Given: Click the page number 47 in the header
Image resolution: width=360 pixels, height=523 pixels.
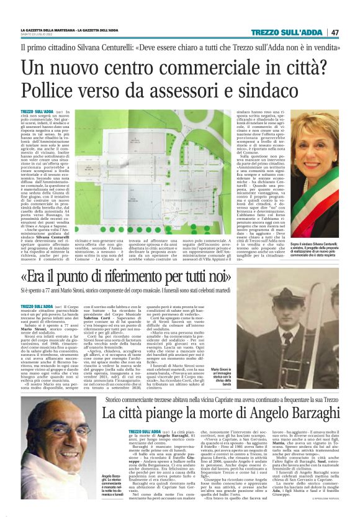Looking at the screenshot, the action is point(335,32).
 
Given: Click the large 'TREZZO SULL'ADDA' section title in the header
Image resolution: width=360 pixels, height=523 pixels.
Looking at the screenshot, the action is point(291,32).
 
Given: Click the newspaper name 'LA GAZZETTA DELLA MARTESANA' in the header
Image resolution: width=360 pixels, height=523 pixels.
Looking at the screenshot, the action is point(47,30).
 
